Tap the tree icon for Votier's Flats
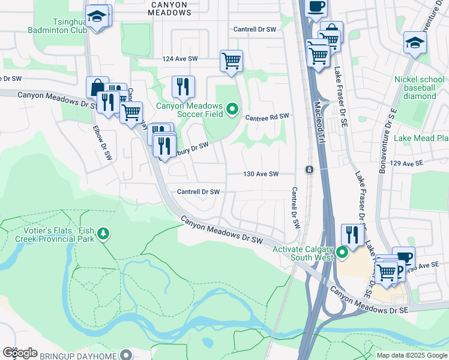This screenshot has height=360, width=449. tap(104, 233)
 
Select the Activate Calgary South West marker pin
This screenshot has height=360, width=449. tap(342, 253)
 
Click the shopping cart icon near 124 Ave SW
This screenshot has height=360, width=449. tap(231, 61)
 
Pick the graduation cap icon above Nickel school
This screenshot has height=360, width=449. tap(415, 43)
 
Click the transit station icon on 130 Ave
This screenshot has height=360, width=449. tap(309, 170)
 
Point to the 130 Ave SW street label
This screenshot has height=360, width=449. tap(261, 174)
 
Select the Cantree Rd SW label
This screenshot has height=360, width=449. tap(267, 116)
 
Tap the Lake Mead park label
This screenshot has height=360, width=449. tap(421, 139)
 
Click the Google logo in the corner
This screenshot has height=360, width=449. tap(20, 353)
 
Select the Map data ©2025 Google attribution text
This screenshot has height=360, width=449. tap(411, 355)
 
